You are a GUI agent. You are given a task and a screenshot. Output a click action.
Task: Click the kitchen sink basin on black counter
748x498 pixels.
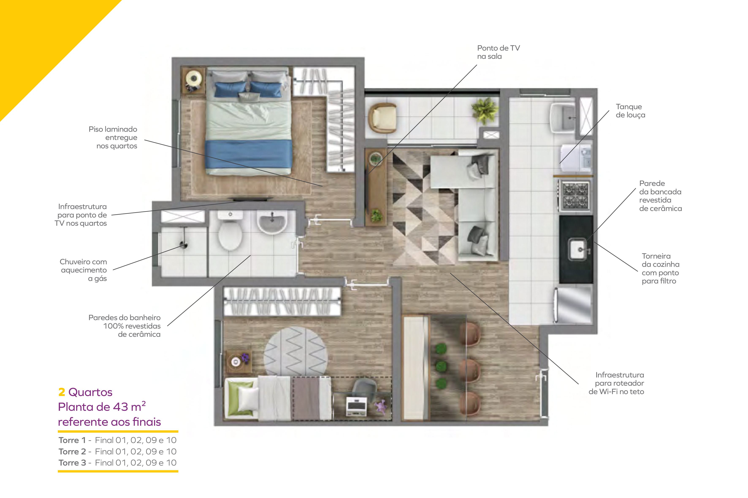click(578, 249)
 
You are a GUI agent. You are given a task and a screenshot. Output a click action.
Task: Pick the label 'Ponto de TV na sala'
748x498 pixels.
click(498, 52)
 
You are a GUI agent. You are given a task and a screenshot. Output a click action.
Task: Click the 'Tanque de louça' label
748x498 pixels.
click(630, 111)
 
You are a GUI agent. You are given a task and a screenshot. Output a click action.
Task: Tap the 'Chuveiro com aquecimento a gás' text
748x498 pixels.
click(84, 270)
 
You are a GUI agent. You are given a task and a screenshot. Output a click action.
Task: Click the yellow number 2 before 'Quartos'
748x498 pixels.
click(61, 392)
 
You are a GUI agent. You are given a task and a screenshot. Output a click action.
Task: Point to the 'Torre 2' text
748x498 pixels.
click(72, 451)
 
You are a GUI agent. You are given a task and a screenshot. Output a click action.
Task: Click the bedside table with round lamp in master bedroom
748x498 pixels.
click(193, 80)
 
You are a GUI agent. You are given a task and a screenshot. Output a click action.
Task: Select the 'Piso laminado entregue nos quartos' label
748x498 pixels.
click(113, 138)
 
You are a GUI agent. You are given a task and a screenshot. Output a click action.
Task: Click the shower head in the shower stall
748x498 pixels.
click(184, 245)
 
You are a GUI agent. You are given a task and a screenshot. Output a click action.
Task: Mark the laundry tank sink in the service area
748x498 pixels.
click(564, 117)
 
